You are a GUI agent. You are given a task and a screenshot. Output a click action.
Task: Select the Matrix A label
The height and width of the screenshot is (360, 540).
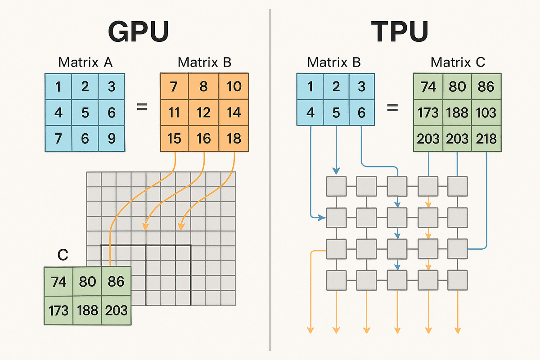tap(85, 63)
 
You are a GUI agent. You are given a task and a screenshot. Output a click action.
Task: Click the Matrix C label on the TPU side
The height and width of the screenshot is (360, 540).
tap(458, 63)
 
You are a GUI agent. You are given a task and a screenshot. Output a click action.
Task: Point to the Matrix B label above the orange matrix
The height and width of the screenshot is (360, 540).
tap(205, 63)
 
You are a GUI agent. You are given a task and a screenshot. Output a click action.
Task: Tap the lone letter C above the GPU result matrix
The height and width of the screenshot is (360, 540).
tap(63, 256)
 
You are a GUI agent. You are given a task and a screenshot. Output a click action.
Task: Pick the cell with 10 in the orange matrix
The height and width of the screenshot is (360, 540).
tap(234, 86)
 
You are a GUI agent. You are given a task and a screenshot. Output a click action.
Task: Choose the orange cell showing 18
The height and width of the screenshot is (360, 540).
tap(234, 138)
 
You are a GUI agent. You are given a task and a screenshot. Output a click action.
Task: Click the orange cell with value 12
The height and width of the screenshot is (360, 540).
tap(204, 112)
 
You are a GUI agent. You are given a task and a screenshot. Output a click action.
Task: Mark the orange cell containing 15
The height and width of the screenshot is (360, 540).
tap(174, 138)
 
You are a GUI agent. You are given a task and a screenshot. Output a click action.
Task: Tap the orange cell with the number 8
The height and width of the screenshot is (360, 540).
tap(204, 86)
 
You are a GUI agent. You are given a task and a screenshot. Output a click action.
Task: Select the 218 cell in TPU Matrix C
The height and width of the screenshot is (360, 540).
tap(486, 138)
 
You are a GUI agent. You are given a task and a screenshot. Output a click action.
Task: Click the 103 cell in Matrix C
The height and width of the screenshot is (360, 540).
tap(486, 112)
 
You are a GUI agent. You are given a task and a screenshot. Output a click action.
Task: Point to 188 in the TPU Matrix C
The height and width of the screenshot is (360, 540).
tap(457, 112)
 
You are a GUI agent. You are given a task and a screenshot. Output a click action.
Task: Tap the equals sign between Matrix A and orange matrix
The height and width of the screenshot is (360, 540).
tap(142, 108)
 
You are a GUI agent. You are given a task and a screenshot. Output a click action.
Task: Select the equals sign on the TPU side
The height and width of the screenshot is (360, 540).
tap(393, 108)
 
